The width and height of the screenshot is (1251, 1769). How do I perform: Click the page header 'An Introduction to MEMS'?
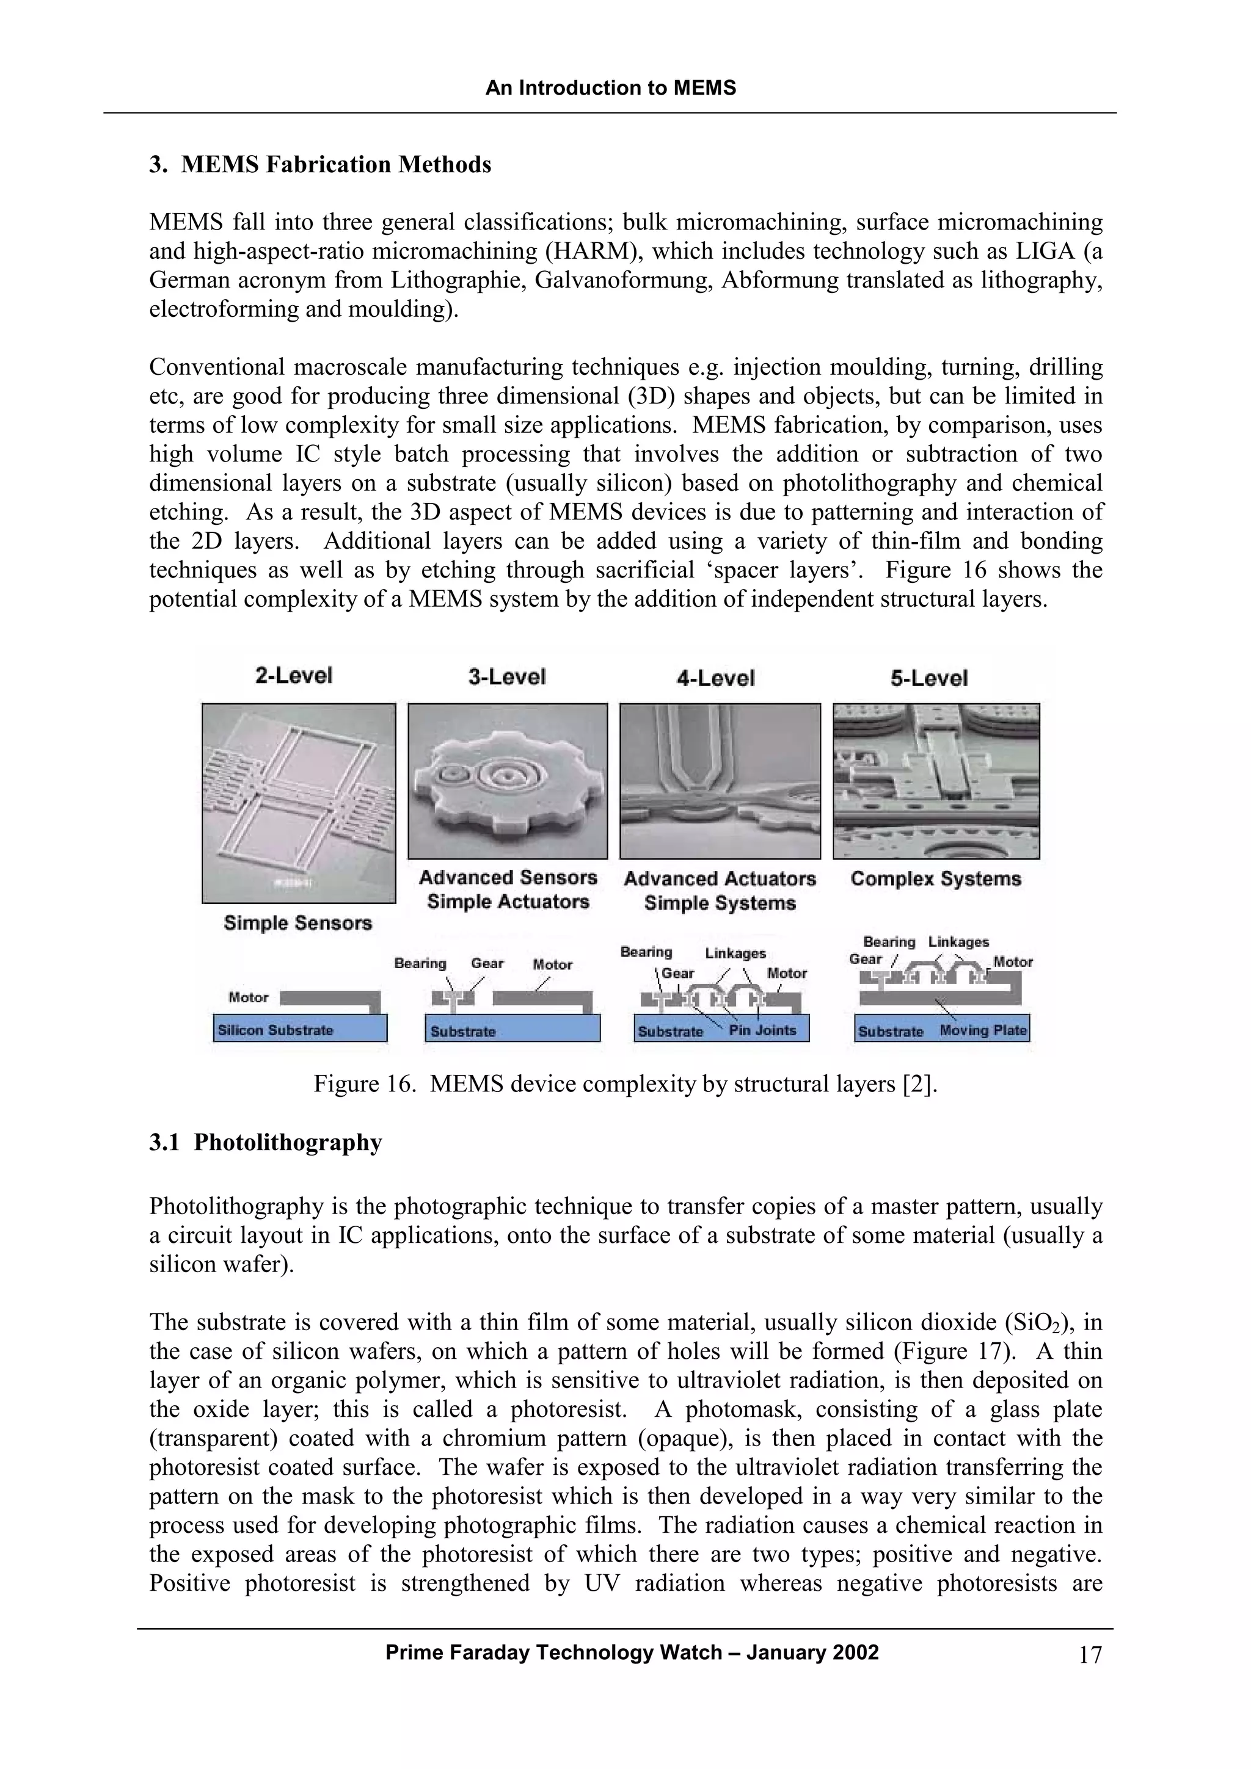point(610,89)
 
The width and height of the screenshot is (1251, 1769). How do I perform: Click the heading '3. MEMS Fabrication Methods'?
point(320,165)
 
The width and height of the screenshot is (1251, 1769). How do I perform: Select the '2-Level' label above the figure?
point(294,676)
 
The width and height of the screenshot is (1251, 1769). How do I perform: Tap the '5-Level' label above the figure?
point(929,678)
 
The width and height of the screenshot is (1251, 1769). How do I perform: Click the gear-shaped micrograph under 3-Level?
point(507,781)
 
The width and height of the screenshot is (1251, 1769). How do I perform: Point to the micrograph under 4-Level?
point(720,781)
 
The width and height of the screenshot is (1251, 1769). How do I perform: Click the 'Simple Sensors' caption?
point(297,922)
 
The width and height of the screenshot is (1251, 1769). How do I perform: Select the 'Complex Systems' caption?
point(935,878)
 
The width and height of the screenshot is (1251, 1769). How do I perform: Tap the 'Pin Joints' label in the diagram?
point(762,1030)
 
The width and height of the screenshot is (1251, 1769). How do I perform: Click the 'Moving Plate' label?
point(983,1030)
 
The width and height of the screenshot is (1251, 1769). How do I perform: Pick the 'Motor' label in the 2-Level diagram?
point(248,997)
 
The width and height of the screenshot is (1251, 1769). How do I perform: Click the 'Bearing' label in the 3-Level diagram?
point(420,963)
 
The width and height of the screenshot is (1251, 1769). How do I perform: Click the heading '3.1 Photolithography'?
point(265,1143)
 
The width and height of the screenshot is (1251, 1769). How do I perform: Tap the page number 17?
point(1090,1655)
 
